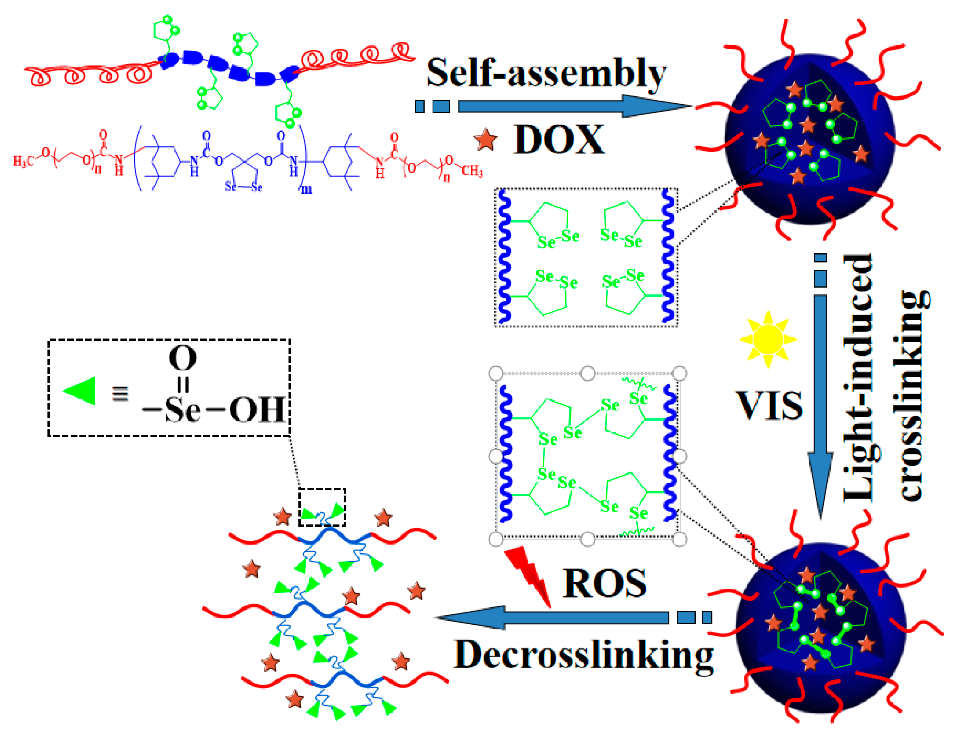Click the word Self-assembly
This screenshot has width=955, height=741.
coord(546,73)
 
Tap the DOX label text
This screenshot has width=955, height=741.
coord(559,140)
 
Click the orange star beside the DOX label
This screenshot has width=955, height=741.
coord(485,140)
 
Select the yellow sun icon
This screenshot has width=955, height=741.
coord(768,340)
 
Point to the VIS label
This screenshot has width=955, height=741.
coord(770,405)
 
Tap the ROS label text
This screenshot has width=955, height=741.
coord(604,583)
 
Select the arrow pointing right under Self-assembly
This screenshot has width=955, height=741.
coord(574,106)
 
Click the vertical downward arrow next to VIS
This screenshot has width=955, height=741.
coord(820,404)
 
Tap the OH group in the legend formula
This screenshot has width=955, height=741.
coord(257,410)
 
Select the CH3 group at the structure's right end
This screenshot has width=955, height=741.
coord(472,171)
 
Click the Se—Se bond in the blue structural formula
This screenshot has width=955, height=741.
coord(243,187)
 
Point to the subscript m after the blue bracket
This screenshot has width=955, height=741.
coord(306,189)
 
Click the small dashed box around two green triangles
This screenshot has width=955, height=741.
coord(322,507)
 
